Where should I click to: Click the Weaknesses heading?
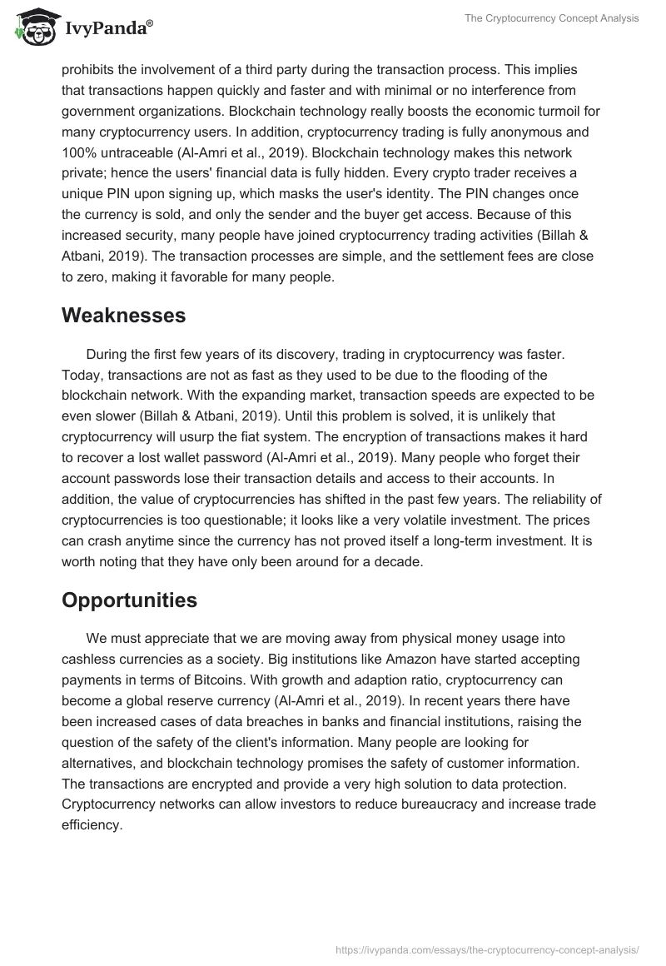pyautogui.click(x=123, y=316)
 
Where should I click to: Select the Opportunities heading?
pyautogui.click(x=129, y=600)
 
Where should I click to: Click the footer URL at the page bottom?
pyautogui.click(x=487, y=949)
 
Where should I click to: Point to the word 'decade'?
pyautogui.click(x=395, y=562)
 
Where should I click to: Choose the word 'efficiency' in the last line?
pyautogui.click(x=92, y=825)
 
